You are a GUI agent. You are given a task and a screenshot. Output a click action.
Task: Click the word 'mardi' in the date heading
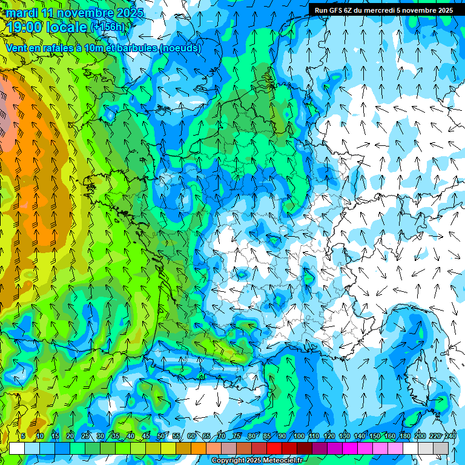(x=21, y=13)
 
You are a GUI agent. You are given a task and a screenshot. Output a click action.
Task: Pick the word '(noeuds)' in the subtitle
(x=180, y=48)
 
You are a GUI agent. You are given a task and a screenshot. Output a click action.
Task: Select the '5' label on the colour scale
(x=23, y=436)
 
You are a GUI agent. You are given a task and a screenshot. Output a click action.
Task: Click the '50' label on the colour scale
(x=160, y=436)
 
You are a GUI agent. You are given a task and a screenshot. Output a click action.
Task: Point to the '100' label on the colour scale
(x=298, y=436)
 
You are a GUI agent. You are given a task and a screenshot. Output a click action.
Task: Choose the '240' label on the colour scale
(x=450, y=436)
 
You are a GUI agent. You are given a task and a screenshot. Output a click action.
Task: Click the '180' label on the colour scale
(x=404, y=436)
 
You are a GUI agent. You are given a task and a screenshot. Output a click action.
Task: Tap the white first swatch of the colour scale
(x=17, y=448)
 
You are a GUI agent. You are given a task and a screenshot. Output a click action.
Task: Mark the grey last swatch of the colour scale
(x=441, y=448)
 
